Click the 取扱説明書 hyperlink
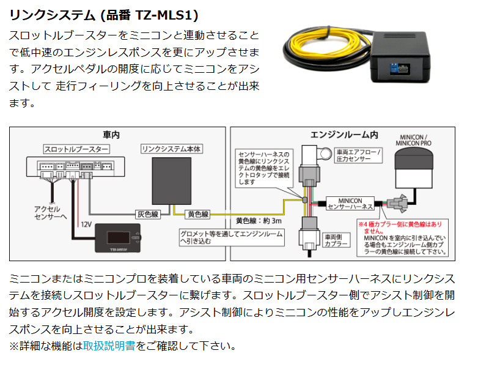(109, 346)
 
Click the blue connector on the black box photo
(394, 69)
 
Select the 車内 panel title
(111, 135)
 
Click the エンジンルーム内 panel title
(344, 135)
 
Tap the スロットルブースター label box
(76, 149)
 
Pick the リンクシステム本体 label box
(172, 149)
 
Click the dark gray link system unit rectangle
(172, 181)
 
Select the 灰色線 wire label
(148, 215)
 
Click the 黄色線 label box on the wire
(198, 215)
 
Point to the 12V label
(86, 224)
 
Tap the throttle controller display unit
(118, 238)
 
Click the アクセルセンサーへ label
(51, 213)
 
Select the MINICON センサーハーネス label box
(350, 204)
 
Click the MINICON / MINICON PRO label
(414, 140)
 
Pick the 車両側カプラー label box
(336, 240)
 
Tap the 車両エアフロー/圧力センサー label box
(358, 155)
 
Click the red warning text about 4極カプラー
(400, 228)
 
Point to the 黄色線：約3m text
(259, 221)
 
